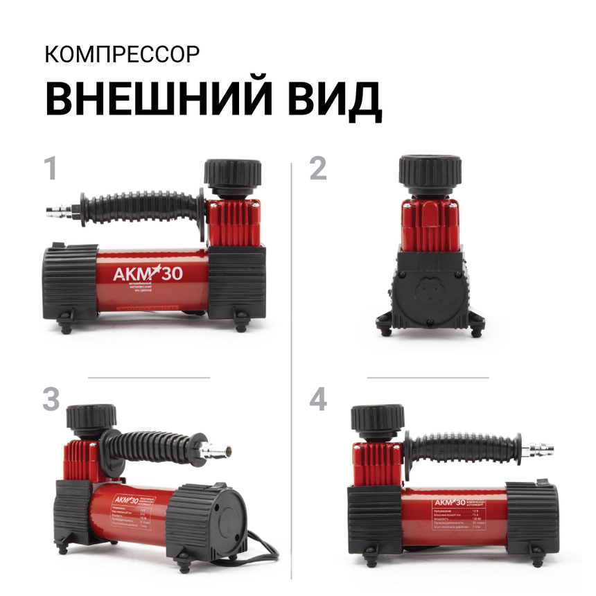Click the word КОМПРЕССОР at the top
[123, 55]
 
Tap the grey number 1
[50, 169]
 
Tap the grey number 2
[317, 169]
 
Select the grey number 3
[51, 400]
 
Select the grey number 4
[318, 400]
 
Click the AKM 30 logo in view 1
[148, 273]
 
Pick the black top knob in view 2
[430, 171]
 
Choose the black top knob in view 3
[91, 418]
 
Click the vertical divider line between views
[291, 367]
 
